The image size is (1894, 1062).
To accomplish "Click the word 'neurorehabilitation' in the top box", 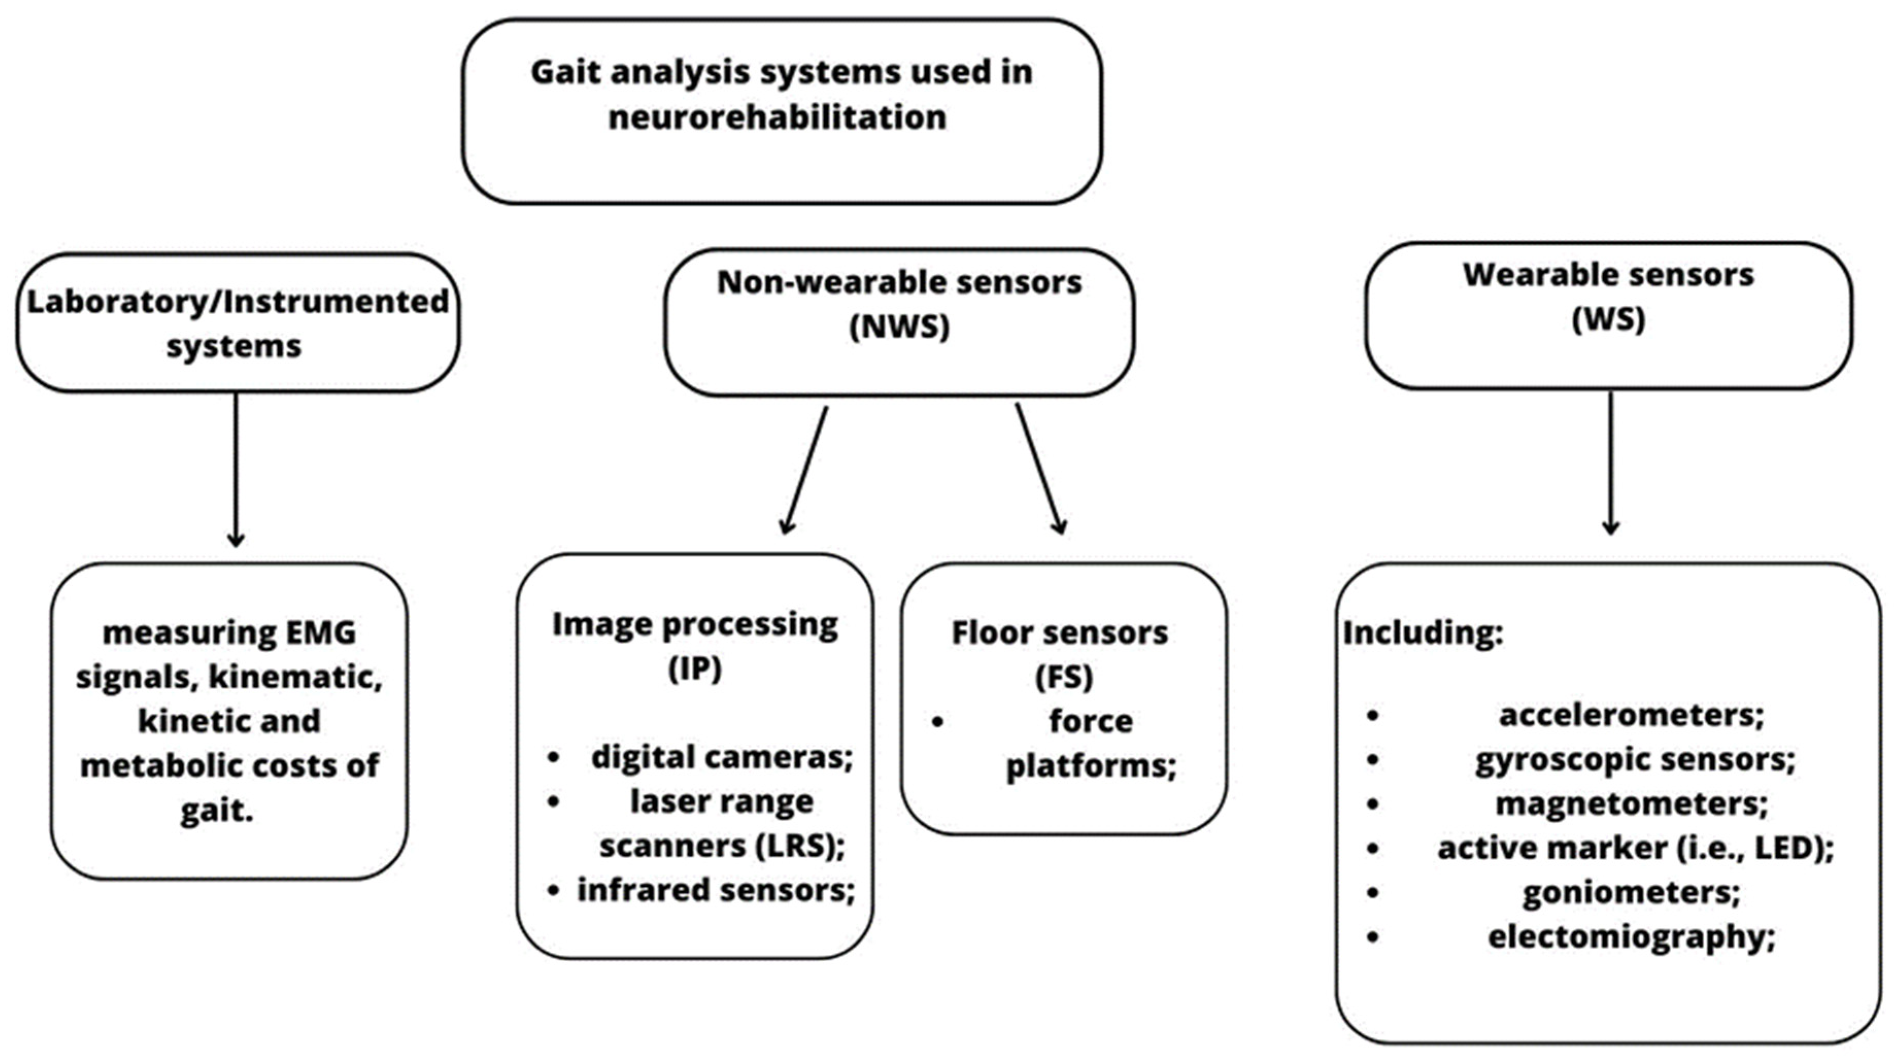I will [777, 117].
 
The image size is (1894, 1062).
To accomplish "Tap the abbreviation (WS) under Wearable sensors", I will [1608, 319].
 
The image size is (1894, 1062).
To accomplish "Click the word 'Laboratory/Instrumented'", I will [237, 301].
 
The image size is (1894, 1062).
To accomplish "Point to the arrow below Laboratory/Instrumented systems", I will [236, 470].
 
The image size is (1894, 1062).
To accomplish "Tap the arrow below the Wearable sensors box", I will [1611, 463].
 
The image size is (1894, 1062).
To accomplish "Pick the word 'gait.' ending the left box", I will [217, 810].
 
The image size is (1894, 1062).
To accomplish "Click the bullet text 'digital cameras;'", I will [721, 757].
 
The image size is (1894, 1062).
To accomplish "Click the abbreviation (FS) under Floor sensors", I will [1063, 677].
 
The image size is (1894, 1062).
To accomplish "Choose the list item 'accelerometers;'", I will [1631, 714].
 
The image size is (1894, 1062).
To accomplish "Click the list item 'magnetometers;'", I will [1631, 803].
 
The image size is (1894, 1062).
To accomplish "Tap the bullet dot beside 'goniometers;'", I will [1373, 892].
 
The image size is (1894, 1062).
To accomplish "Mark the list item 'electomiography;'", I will [1631, 937].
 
